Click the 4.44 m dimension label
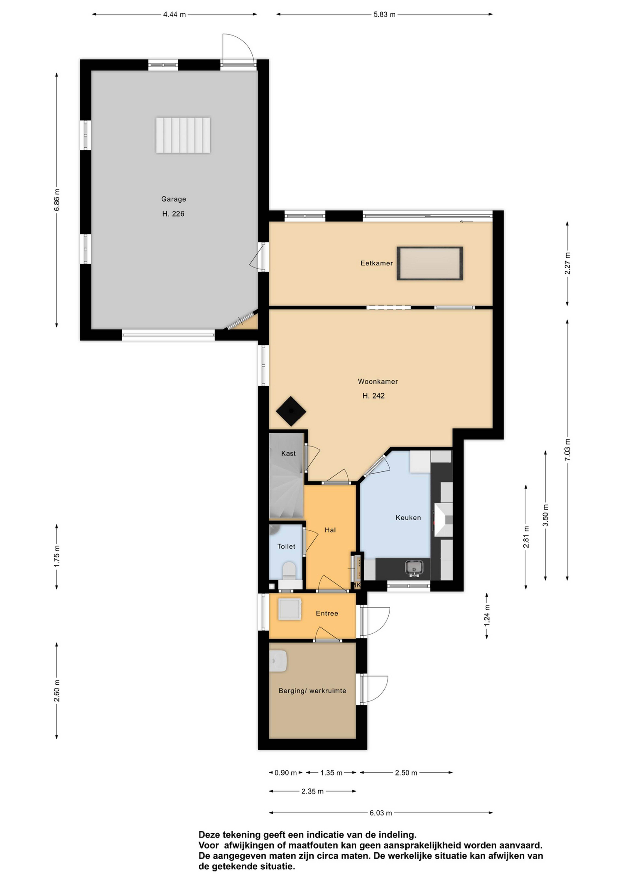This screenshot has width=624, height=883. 174,15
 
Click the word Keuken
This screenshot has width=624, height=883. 408,518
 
